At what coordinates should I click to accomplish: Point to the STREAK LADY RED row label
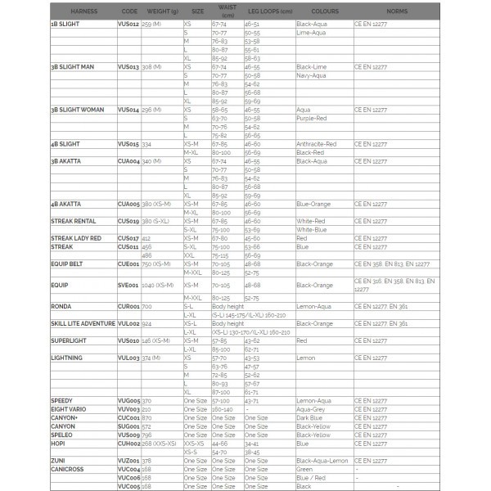76,238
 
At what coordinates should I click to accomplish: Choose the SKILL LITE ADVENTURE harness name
83,323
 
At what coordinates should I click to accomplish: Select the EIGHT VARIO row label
69,408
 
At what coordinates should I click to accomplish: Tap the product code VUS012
128,25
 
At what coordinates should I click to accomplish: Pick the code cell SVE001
128,286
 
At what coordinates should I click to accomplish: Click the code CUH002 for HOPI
128,443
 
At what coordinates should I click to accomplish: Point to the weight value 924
147,323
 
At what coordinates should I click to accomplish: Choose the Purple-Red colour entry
312,118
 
